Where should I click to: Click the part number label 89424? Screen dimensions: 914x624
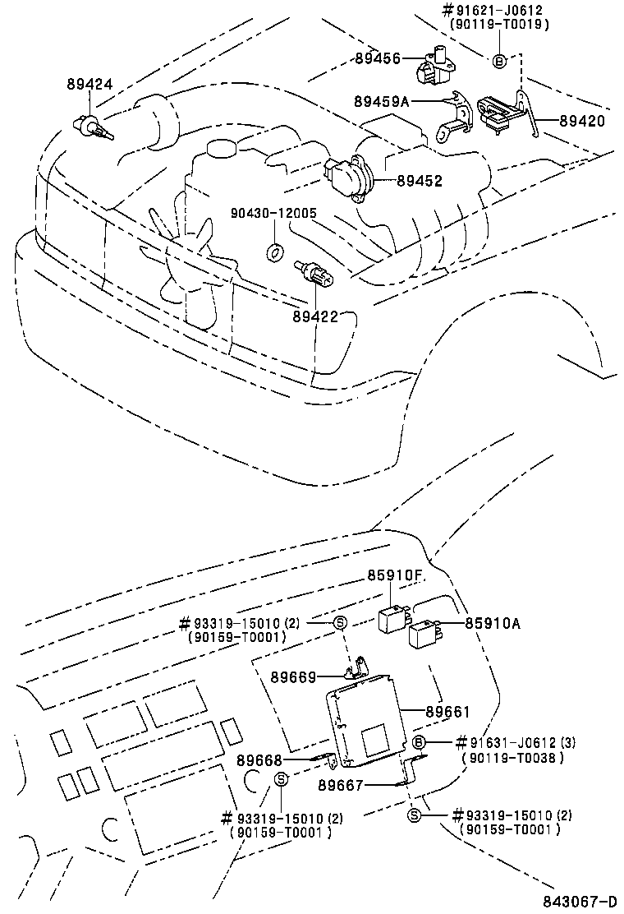(89, 85)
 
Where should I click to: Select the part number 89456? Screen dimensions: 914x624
(378, 58)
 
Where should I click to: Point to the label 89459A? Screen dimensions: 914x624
(382, 101)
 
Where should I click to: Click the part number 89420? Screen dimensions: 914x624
(582, 120)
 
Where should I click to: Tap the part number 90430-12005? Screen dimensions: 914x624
(273, 213)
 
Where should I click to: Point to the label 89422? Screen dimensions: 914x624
(315, 316)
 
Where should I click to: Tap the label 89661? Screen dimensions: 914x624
(447, 713)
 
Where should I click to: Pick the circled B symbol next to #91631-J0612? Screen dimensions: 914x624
(418, 743)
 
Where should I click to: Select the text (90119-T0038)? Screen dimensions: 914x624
(512, 758)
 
